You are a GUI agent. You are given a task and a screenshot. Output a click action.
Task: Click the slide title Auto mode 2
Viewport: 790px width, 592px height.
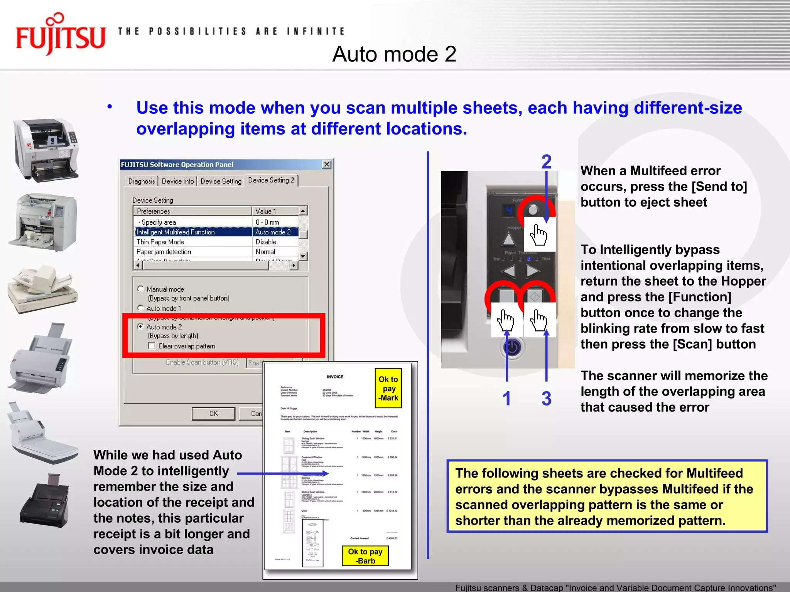point(394,54)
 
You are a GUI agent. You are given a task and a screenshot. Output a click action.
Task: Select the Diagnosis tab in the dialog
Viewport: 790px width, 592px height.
point(142,181)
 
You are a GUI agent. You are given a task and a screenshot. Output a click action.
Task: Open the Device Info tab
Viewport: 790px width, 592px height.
point(177,181)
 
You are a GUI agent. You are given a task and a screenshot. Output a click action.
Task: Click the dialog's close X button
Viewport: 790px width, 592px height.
point(327,165)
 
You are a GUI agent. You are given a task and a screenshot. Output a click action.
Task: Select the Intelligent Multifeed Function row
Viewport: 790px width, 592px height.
point(193,232)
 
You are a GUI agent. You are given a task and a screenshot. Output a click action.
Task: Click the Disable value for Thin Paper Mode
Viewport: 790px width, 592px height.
point(266,242)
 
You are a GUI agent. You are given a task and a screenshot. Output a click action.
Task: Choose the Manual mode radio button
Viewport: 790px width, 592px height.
point(141,289)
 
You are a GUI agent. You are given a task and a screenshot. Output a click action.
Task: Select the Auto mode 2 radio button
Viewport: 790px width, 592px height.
point(141,327)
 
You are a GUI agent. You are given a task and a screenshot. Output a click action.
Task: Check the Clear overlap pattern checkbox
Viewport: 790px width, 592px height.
point(152,346)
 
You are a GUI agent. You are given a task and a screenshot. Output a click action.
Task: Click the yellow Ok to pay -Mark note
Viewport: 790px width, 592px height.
point(388,388)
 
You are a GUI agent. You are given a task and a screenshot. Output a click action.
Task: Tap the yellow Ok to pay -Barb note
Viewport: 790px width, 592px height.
point(365,556)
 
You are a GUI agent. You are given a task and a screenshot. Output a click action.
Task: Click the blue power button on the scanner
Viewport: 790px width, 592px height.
point(512,348)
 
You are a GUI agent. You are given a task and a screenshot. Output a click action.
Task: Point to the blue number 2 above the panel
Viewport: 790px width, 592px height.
point(546,162)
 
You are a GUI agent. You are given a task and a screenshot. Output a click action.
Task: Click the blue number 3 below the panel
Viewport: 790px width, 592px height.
point(546,399)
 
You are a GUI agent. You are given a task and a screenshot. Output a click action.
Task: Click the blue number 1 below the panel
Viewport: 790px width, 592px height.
point(507,399)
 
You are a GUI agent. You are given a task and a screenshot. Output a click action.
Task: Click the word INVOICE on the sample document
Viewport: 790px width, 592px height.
point(335,377)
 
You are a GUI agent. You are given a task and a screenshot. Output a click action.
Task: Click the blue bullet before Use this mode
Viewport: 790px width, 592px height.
point(110,107)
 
